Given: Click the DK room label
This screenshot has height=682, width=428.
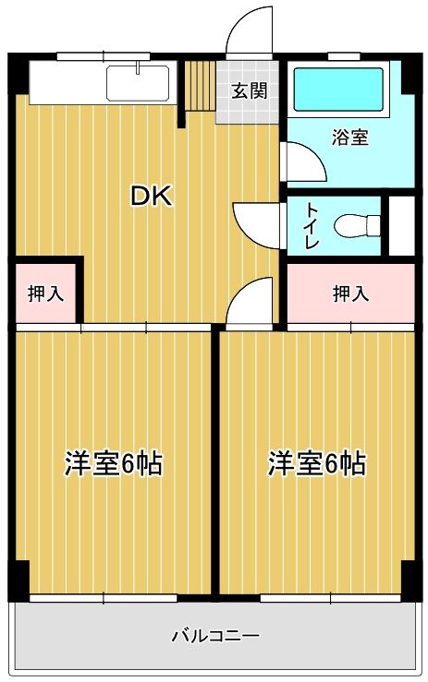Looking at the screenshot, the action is pyautogui.click(x=153, y=197).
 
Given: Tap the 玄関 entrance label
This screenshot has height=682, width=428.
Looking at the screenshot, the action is pyautogui.click(x=249, y=91).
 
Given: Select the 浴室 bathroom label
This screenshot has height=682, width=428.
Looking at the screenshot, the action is pyautogui.click(x=350, y=137).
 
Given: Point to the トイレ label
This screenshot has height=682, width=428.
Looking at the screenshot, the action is pyautogui.click(x=312, y=225).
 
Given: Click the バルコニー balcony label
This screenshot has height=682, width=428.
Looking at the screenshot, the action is pyautogui.click(x=215, y=636).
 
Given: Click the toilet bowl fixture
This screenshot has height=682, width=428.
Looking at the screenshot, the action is pyautogui.click(x=357, y=226).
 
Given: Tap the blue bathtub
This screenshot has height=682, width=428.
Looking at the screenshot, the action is pyautogui.click(x=338, y=90).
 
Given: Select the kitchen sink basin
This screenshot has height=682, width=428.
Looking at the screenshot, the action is pyautogui.click(x=138, y=83).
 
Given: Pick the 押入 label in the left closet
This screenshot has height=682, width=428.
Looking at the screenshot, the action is pyautogui.click(x=46, y=293).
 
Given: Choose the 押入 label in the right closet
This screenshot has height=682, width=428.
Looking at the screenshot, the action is pyautogui.click(x=351, y=293).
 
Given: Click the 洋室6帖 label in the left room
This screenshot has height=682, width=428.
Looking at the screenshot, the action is pyautogui.click(x=115, y=464).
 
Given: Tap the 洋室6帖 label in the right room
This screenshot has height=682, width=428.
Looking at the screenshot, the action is pyautogui.click(x=317, y=464).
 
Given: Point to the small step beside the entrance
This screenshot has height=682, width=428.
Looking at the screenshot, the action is pyautogui.click(x=200, y=85).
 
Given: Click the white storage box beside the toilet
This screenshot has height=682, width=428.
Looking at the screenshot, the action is pyautogui.click(x=401, y=226).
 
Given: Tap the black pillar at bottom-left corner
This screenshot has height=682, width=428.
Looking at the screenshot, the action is pyautogui.click(x=18, y=580).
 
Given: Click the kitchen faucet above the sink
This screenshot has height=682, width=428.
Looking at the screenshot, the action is pyautogui.click(x=138, y=67).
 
